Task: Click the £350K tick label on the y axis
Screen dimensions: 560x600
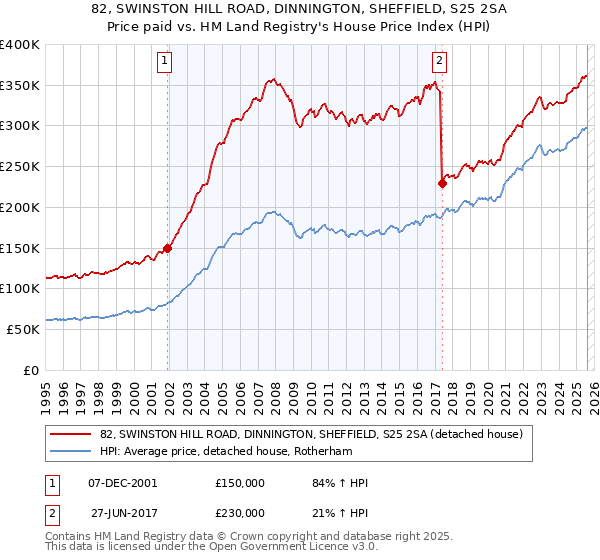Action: [x=20, y=85]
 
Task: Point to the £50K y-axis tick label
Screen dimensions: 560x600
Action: [x=23, y=329]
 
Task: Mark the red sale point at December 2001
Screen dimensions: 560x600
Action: [x=167, y=249]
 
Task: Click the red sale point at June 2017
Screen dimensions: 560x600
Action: [x=441, y=183]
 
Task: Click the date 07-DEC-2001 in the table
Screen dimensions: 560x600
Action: [x=123, y=483]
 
